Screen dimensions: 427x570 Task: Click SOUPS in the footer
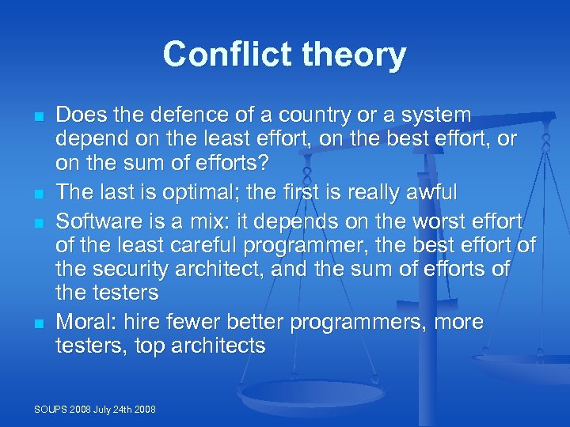51,410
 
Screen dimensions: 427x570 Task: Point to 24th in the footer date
127,410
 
